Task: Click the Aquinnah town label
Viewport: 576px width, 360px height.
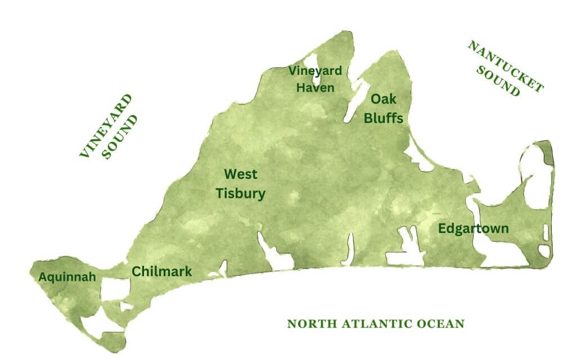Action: click(67, 277)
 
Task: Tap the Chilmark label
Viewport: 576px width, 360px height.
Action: click(161, 272)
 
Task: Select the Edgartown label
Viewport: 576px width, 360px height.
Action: click(473, 229)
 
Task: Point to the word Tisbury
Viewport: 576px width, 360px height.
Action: click(241, 193)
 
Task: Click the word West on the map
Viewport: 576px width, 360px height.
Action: click(241, 174)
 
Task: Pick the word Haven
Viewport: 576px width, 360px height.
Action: click(316, 88)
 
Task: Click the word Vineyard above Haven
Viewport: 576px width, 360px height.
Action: click(315, 71)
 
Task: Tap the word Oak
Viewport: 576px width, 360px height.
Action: click(383, 100)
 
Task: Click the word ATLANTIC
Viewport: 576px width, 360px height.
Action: click(375, 324)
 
